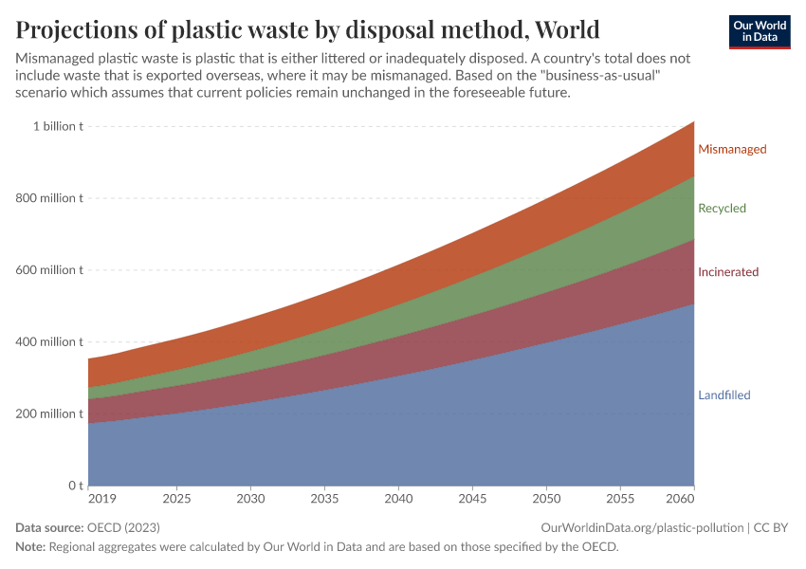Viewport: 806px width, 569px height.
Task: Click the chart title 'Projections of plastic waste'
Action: coord(307,27)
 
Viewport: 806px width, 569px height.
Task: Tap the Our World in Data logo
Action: coord(759,31)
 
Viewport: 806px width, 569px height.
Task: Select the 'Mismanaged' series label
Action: coord(732,149)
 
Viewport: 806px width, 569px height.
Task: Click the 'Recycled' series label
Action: coord(722,209)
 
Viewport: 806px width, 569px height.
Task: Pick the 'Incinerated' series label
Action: coord(728,272)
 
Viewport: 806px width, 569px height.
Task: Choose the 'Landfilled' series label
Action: coord(724,395)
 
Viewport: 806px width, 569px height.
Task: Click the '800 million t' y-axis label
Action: coord(48,198)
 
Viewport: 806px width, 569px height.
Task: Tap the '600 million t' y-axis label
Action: coord(48,270)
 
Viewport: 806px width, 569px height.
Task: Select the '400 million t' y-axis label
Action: coord(48,341)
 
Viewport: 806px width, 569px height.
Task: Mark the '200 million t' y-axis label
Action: coord(48,413)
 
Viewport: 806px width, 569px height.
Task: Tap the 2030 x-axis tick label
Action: coord(250,499)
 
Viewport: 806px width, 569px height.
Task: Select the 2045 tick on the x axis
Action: coord(472,499)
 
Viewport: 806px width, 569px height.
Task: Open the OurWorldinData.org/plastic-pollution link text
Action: coord(642,527)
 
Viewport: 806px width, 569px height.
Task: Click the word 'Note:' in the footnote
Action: coord(31,547)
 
